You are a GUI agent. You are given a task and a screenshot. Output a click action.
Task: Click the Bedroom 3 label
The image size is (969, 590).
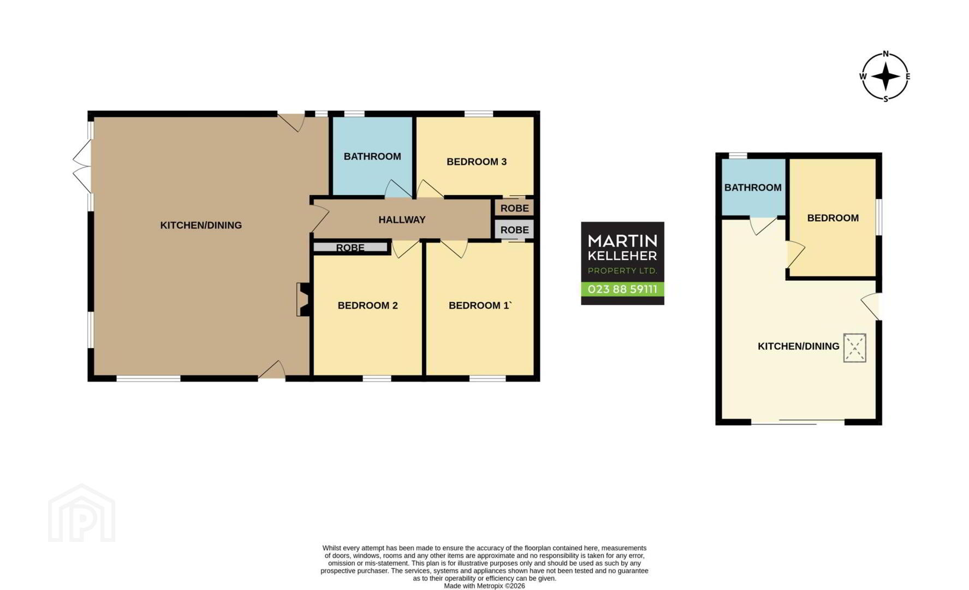click(477, 162)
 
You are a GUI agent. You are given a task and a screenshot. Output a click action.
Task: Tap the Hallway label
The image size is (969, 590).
click(402, 220)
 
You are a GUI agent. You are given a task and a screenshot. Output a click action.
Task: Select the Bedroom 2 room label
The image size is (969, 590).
click(367, 305)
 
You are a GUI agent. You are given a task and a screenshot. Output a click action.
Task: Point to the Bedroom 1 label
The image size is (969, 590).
click(479, 305)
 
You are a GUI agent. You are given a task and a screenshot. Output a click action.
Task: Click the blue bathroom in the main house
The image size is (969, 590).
click(372, 156)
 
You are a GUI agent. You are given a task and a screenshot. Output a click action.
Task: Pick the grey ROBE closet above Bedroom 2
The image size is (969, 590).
click(350, 247)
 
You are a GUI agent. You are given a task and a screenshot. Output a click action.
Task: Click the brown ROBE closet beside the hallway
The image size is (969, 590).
click(514, 208)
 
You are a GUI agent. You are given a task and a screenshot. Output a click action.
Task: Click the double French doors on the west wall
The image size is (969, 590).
click(83, 166)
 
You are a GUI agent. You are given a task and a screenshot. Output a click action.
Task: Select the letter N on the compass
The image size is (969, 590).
click(885, 54)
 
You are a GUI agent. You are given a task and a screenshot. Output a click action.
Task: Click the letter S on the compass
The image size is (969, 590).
click(885, 99)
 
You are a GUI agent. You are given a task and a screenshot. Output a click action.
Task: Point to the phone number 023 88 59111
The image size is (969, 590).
click(622, 289)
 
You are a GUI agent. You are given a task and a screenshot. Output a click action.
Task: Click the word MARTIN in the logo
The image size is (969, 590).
click(622, 240)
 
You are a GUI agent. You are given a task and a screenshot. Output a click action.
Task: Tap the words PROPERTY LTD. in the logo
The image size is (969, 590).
click(622, 271)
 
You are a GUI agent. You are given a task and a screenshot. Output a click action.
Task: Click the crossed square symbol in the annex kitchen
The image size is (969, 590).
click(854, 348)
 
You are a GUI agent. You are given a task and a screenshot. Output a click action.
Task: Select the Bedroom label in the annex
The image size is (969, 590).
click(833, 218)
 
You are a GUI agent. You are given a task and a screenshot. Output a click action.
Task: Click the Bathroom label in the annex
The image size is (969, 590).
click(753, 187)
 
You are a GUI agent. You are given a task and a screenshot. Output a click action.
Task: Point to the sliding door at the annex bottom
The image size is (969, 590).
click(798, 422)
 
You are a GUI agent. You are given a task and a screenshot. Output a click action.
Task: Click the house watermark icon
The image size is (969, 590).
click(82, 513)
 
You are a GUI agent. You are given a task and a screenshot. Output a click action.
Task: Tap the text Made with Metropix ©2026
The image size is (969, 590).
click(484, 586)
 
